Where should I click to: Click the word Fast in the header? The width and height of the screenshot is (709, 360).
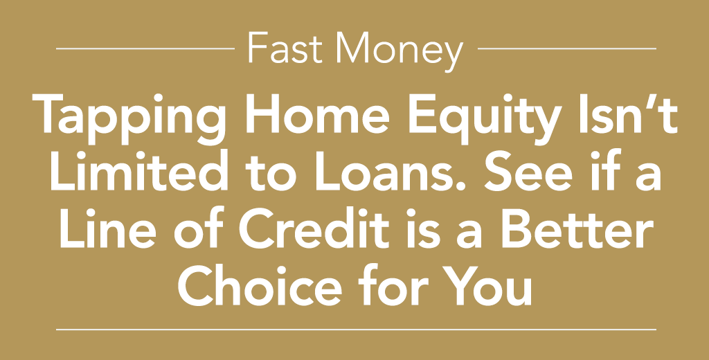(x=285, y=48)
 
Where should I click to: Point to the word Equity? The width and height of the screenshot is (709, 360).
(x=485, y=119)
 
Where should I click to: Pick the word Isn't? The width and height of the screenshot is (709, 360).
(x=629, y=114)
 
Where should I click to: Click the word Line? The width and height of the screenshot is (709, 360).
(x=106, y=228)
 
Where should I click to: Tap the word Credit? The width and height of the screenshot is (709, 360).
(x=314, y=228)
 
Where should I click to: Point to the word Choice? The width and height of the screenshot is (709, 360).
(x=259, y=285)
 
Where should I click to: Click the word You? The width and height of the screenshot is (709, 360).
(x=487, y=285)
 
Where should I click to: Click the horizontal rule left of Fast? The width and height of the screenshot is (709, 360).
(x=145, y=48)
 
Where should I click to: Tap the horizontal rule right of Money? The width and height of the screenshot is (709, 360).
(x=567, y=48)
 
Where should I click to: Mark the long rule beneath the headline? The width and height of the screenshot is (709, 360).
(x=357, y=330)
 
